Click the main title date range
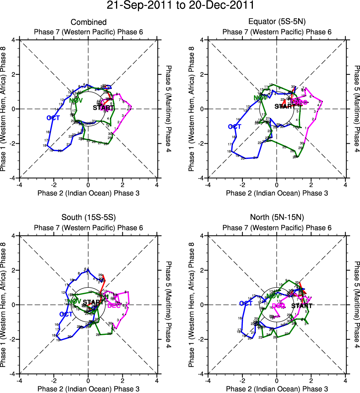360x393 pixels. point(180,6)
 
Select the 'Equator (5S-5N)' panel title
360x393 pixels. point(277,23)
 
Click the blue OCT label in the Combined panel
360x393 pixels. point(53,118)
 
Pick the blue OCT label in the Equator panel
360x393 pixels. point(234,127)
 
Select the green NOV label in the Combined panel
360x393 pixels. point(76,100)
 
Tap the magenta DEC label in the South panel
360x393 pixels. point(114,306)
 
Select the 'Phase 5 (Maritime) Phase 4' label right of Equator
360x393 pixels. point(357,109)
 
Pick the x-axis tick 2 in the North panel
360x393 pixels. point(311,380)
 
